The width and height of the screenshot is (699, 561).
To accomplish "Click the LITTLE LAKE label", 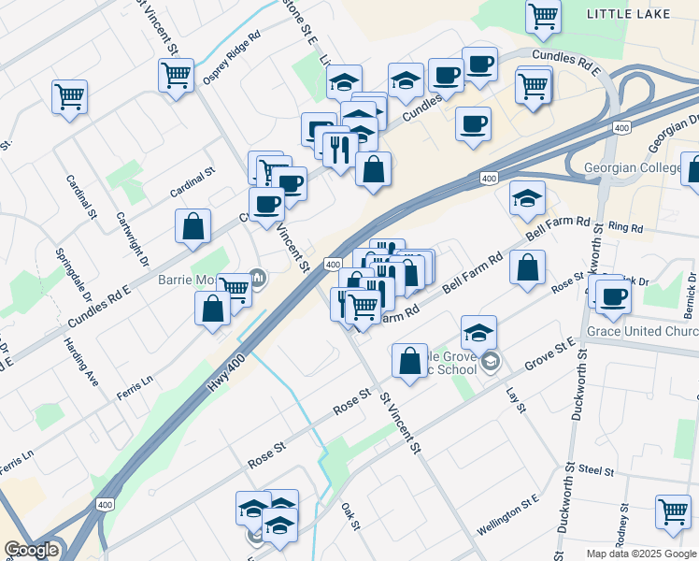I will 642,14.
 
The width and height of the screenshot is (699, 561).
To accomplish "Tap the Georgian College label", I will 641,168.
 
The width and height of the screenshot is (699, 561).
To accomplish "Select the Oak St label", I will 350,513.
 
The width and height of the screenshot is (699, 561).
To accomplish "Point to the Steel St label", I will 595,470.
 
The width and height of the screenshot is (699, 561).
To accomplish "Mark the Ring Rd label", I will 625,227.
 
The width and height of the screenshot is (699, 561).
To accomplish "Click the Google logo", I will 32,550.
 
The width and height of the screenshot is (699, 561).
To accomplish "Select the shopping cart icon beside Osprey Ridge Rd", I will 176,74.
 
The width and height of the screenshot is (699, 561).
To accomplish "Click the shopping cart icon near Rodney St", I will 673,511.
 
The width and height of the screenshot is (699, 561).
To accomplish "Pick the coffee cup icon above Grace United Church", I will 614,296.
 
